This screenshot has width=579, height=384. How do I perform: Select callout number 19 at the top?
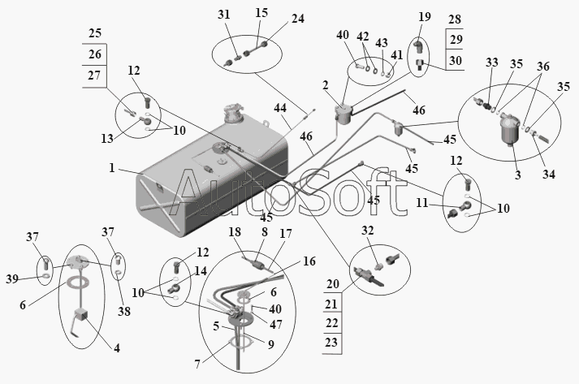425,17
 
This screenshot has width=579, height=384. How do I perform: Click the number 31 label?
224,14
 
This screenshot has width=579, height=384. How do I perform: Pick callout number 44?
280,109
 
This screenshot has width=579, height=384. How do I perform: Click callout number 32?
367,231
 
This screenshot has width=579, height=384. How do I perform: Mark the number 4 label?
116,348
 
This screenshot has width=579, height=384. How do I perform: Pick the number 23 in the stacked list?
332,343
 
